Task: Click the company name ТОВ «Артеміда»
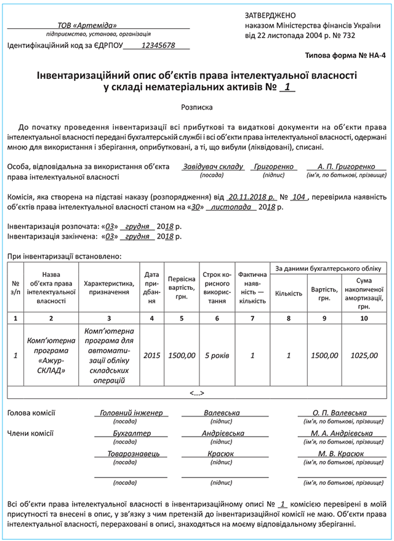87,25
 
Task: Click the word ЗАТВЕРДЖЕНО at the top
270,15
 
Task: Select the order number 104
299,198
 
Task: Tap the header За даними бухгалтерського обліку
328,268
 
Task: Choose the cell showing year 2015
151,356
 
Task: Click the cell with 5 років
217,356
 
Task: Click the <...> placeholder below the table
197,393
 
